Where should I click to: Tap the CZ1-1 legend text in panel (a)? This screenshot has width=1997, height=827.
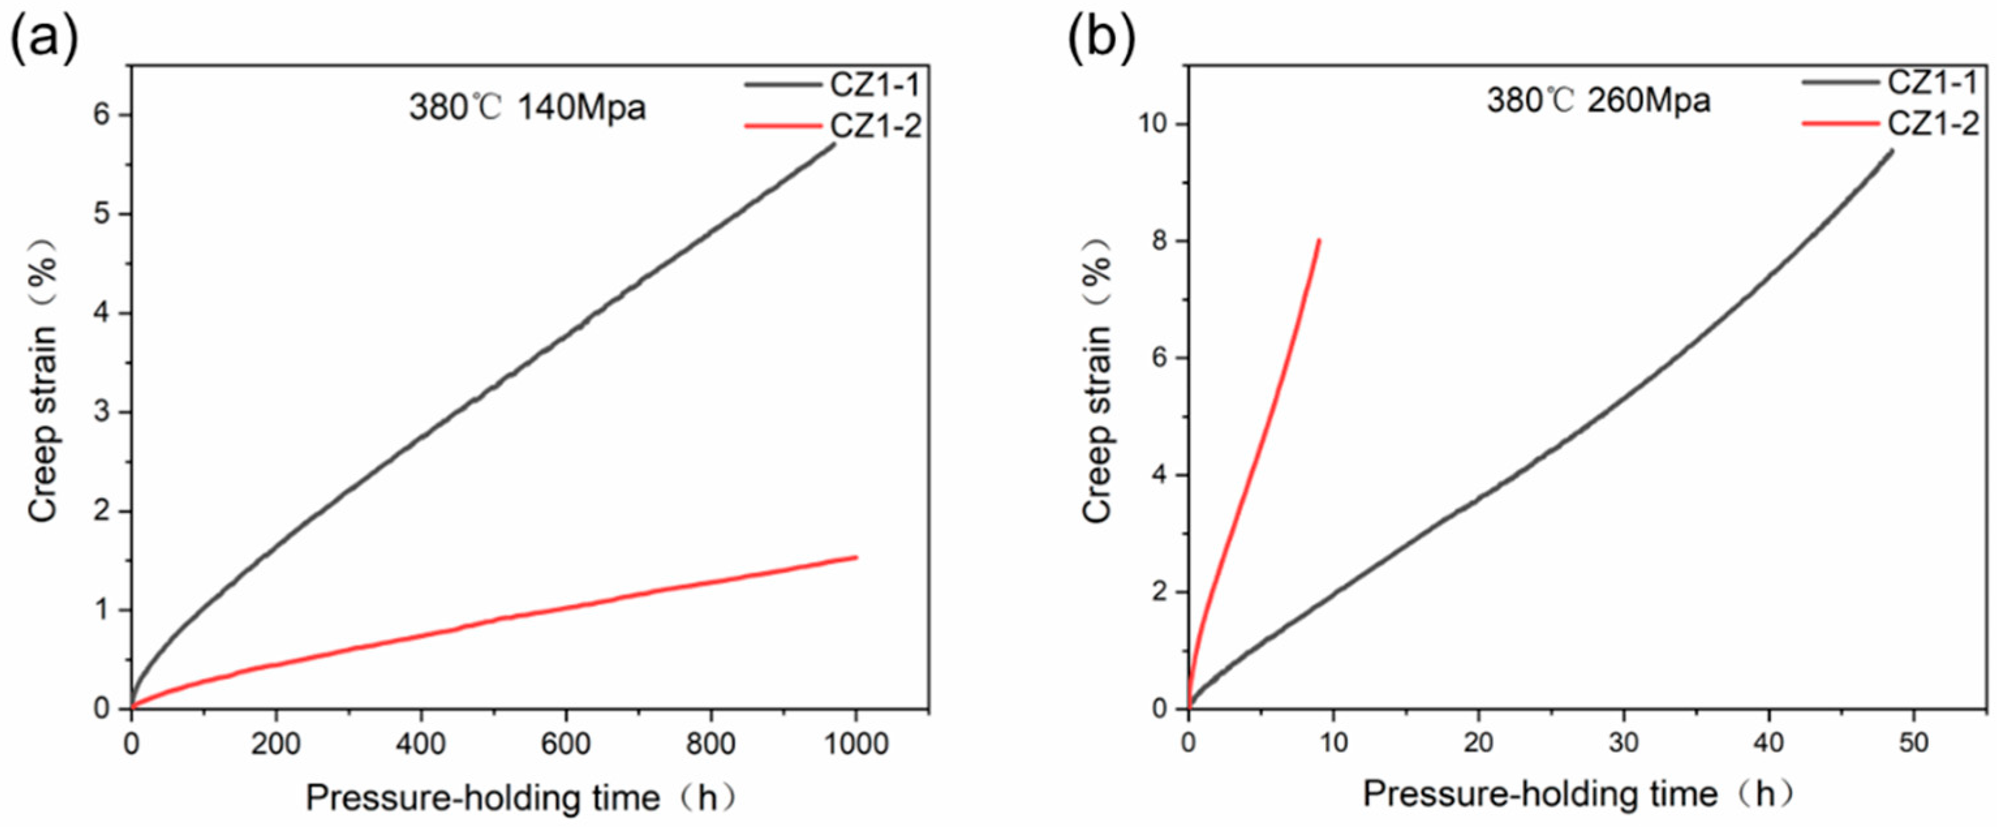pyautogui.click(x=875, y=85)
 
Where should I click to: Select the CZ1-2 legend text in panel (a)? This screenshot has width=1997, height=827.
pyautogui.click(x=875, y=126)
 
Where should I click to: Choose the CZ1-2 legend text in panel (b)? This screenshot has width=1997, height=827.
pyautogui.click(x=1933, y=123)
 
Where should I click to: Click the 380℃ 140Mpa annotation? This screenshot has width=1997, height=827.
pyautogui.click(x=527, y=108)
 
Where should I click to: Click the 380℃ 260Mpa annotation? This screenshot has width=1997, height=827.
pyautogui.click(x=1598, y=101)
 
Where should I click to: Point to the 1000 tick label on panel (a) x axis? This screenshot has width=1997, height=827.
pyautogui.click(x=855, y=743)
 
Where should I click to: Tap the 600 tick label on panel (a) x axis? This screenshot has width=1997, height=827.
pyautogui.click(x=565, y=743)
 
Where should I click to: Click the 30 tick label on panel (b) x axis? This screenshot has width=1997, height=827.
pyautogui.click(x=1622, y=742)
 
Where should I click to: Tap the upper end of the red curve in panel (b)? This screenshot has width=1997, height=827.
pyautogui.click(x=1319, y=241)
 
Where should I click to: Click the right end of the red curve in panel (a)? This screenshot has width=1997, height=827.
pyautogui.click(x=855, y=557)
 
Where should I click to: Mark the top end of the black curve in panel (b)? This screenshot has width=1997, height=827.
pyautogui.click(x=1891, y=151)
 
